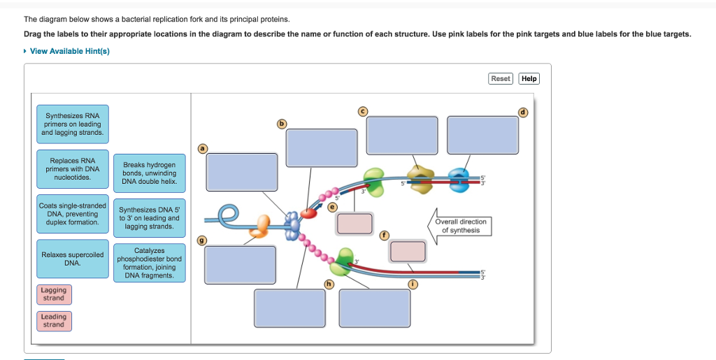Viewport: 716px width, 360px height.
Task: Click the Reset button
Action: click(x=501, y=79)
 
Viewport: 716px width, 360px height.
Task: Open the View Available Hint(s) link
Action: click(x=69, y=51)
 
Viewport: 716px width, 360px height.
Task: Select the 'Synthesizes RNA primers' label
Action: click(x=73, y=124)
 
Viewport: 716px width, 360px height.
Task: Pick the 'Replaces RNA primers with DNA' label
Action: click(x=73, y=168)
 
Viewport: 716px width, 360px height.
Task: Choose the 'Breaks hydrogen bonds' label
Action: click(x=149, y=173)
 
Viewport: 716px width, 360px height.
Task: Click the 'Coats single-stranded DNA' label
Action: click(x=73, y=214)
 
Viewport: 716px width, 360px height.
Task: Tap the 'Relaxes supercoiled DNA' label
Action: click(x=73, y=259)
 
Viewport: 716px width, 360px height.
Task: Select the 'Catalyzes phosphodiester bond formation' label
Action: click(x=149, y=263)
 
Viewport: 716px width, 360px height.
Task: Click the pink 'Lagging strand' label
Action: click(x=54, y=294)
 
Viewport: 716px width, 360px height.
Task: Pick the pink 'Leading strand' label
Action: click(x=54, y=321)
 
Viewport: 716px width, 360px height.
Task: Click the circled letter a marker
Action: click(x=203, y=148)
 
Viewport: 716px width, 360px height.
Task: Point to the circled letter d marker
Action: click(x=522, y=112)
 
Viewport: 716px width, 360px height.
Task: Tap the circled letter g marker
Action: click(x=203, y=241)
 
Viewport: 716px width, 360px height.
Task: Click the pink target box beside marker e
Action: click(x=355, y=223)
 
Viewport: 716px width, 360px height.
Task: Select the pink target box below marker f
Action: click(x=408, y=251)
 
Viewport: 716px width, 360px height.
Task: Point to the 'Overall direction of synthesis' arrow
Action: click(x=459, y=226)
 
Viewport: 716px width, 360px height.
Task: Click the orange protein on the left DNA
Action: click(x=263, y=224)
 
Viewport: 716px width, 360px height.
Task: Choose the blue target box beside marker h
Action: click(x=289, y=308)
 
